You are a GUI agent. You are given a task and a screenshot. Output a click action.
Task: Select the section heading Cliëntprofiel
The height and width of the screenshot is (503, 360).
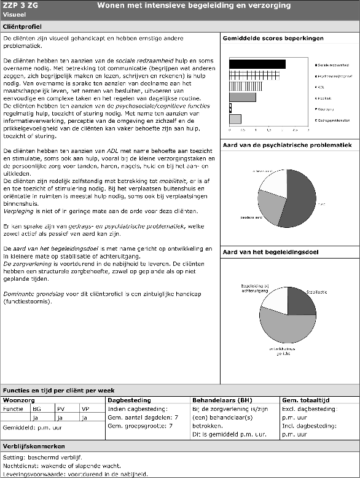tap(23, 28)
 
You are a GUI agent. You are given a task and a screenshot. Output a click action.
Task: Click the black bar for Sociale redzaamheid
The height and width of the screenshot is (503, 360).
tap(257, 64)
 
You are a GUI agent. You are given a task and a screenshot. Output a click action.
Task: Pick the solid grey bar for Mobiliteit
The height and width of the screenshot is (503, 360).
tap(242, 97)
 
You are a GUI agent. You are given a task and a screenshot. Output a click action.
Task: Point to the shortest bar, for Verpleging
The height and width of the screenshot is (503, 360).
tap(230, 108)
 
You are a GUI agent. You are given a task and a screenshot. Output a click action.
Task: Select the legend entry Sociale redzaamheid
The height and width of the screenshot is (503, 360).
tap(334, 64)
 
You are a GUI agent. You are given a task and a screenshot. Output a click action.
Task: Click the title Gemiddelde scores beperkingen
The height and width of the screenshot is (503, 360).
tap(273, 39)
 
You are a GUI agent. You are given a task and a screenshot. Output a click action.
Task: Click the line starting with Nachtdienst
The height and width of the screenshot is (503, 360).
tap(63, 466)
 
